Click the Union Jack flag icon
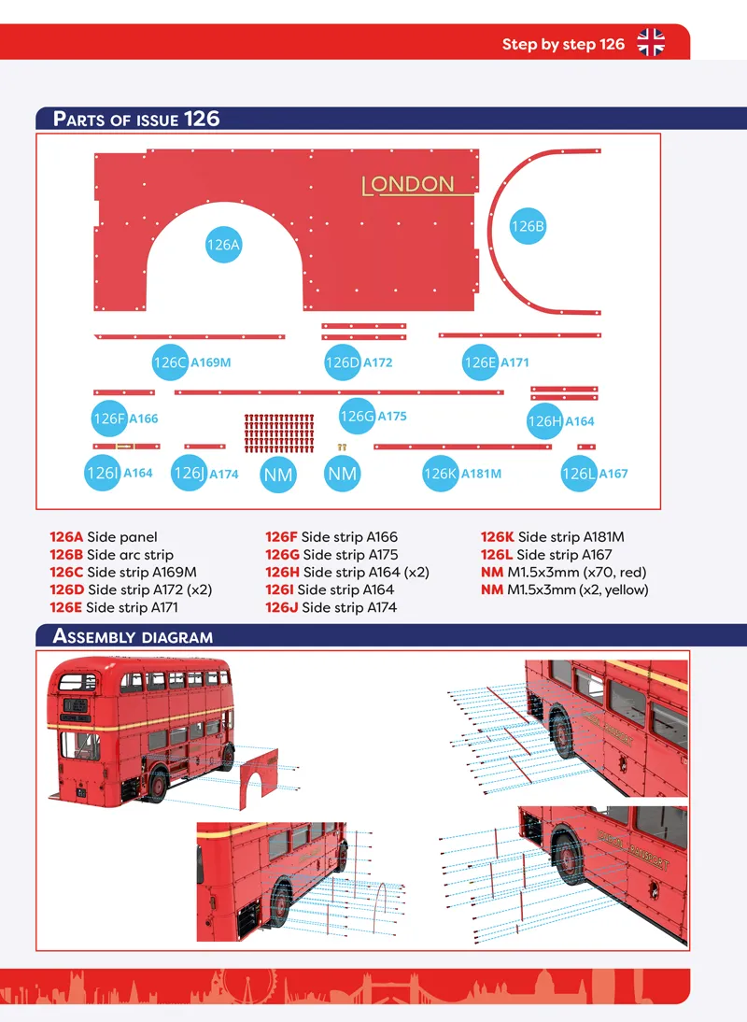[651, 42]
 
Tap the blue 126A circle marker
[223, 245]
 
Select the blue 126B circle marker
[528, 226]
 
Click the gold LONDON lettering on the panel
[408, 184]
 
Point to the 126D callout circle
[343, 362]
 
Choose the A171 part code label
[514, 362]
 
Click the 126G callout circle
[357, 416]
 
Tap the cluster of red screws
[279, 433]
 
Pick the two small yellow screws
[342, 447]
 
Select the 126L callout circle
[579, 474]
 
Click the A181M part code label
[481, 474]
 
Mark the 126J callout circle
[189, 474]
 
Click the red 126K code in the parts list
[497, 537]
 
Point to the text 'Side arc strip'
[130, 555]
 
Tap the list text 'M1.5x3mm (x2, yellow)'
[578, 589]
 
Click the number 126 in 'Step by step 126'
[613, 44]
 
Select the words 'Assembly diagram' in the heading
[133, 636]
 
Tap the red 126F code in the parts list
[281, 537]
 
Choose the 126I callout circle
[103, 474]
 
